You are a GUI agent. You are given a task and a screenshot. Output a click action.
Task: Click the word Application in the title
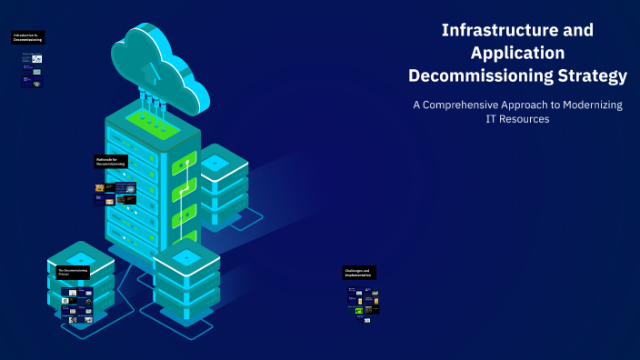[x=517, y=53]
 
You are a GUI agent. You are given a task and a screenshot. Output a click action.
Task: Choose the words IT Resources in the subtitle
[x=517, y=119]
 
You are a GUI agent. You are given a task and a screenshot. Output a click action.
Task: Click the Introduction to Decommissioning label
[x=27, y=38]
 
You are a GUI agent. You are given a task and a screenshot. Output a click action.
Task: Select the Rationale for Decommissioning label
[x=112, y=161]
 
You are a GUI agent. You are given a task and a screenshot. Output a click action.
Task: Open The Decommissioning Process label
[x=74, y=272]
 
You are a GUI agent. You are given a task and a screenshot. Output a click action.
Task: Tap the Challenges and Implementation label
[x=359, y=273]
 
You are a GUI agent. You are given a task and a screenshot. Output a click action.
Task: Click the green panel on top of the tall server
[x=146, y=117]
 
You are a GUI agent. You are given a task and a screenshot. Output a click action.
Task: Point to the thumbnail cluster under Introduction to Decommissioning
[x=32, y=69]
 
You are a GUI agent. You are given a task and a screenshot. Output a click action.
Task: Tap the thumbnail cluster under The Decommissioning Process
[x=76, y=304]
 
